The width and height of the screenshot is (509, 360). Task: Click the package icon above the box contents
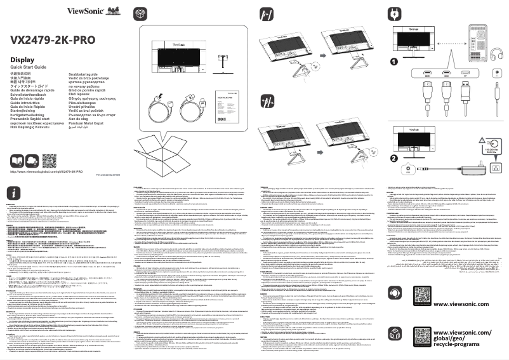click(140, 12)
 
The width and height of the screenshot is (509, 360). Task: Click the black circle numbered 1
click(393, 61)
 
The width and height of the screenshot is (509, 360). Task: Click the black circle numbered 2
click(393, 158)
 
